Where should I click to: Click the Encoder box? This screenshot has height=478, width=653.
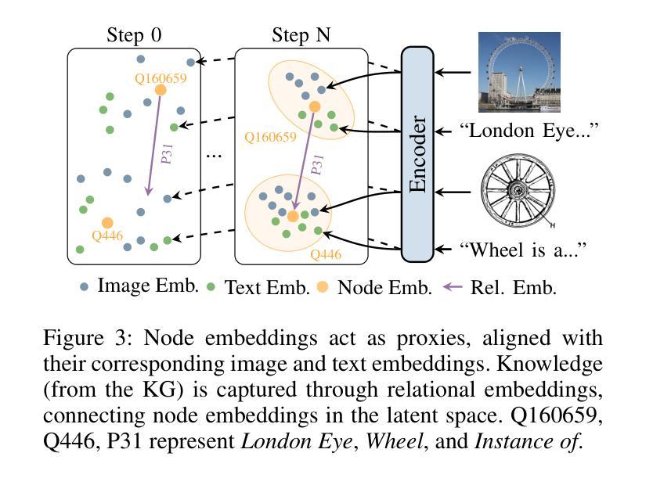pyautogui.click(x=417, y=153)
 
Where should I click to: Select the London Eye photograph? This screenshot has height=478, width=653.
pyautogui.click(x=519, y=72)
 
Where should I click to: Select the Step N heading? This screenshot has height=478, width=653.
pyautogui.click(x=301, y=35)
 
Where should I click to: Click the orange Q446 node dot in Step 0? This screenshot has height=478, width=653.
pyautogui.click(x=107, y=223)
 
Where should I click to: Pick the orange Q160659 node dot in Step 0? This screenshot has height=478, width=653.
pyautogui.click(x=161, y=90)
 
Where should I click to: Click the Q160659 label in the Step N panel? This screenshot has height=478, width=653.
pyautogui.click(x=270, y=137)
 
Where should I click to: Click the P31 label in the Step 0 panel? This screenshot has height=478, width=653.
pyautogui.click(x=167, y=153)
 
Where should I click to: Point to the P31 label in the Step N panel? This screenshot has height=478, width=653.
pyautogui.click(x=316, y=164)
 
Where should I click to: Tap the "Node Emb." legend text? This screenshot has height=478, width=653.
pyautogui.click(x=384, y=287)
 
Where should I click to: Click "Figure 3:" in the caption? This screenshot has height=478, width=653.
pyautogui.click(x=78, y=340)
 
